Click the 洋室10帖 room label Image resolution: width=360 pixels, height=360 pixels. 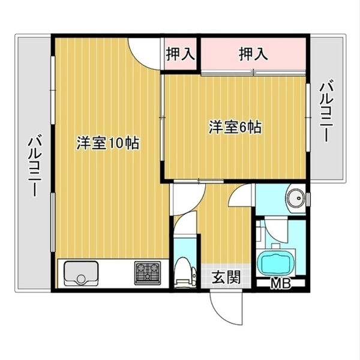[108, 143]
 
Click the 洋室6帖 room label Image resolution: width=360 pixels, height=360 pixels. [235, 127]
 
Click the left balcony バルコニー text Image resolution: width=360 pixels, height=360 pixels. [34, 167]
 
